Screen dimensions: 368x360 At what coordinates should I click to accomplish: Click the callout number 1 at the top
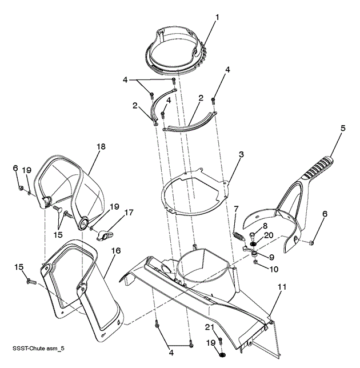pos(218,17)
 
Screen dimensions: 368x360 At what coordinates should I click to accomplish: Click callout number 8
pos(265,226)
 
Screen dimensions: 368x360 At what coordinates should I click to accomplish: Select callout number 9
pos(272,257)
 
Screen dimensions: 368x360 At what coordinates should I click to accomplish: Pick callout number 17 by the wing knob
pos(129,213)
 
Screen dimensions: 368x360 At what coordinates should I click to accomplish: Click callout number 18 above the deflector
pos(101,147)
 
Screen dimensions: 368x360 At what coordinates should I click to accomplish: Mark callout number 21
pos(209,326)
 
